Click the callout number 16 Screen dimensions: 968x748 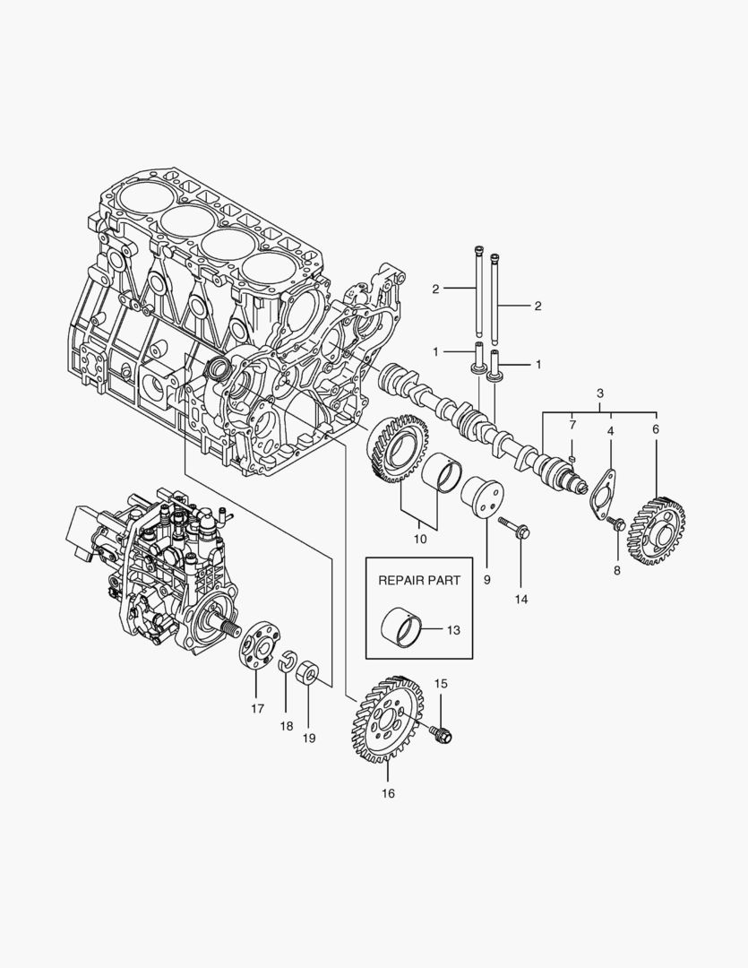pyautogui.click(x=387, y=793)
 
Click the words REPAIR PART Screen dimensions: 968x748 pyautogui.click(x=419, y=580)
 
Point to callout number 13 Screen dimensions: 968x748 pyautogui.click(x=452, y=631)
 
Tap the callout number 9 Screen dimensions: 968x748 pyautogui.click(x=486, y=580)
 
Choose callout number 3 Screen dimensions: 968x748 pyautogui.click(x=599, y=393)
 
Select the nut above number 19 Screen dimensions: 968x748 pyautogui.click(x=308, y=671)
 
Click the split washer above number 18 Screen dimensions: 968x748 pyautogui.click(x=288, y=664)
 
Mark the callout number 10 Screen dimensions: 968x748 pyautogui.click(x=418, y=540)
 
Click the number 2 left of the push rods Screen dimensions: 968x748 pyautogui.click(x=434, y=289)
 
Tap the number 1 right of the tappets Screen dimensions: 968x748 pyautogui.click(x=538, y=364)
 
